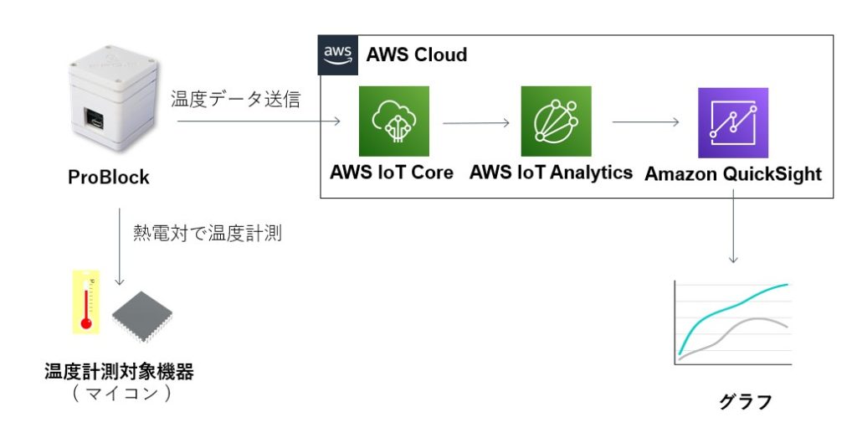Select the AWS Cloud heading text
pos(417,55)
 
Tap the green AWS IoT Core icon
pos(393,121)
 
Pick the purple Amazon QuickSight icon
pos(732,122)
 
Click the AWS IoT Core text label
pos(392,173)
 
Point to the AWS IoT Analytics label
pos(551,173)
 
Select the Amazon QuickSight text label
pos(733,174)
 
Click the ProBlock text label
pos(109,178)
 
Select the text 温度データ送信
pos(236,99)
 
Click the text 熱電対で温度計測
pos(208,234)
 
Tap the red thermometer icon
pos(85,302)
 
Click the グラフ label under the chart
pos(745,401)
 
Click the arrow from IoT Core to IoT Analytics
pos(475,122)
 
